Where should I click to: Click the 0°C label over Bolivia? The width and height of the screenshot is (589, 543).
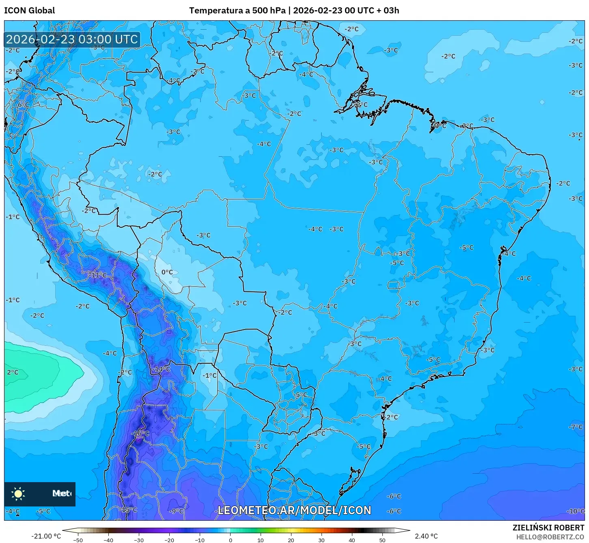167,272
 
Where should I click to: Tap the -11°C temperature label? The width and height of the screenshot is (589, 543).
98,275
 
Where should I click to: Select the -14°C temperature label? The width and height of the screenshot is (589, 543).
162,369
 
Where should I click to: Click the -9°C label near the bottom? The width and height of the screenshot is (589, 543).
176,511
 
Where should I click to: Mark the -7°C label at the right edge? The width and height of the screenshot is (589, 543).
576,427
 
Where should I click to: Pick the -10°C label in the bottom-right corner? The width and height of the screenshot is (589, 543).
576,511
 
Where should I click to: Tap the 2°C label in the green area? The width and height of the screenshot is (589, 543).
13,372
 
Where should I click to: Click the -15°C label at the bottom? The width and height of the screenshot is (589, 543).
129,509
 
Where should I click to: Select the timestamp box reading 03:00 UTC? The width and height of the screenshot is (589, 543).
72,39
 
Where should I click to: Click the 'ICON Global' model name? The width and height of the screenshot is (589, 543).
29,11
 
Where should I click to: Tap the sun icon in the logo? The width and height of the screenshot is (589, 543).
18,493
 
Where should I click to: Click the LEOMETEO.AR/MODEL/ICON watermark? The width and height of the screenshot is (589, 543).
294,510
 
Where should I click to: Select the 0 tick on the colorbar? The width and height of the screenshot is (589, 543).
230,540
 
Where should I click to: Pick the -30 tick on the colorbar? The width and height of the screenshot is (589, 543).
139,540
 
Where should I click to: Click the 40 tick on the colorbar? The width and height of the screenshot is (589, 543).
352,540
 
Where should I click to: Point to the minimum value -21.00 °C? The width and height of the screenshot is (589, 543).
46,536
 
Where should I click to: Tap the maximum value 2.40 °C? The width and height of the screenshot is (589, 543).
426,536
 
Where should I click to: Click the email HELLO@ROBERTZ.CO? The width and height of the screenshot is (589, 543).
550,537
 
